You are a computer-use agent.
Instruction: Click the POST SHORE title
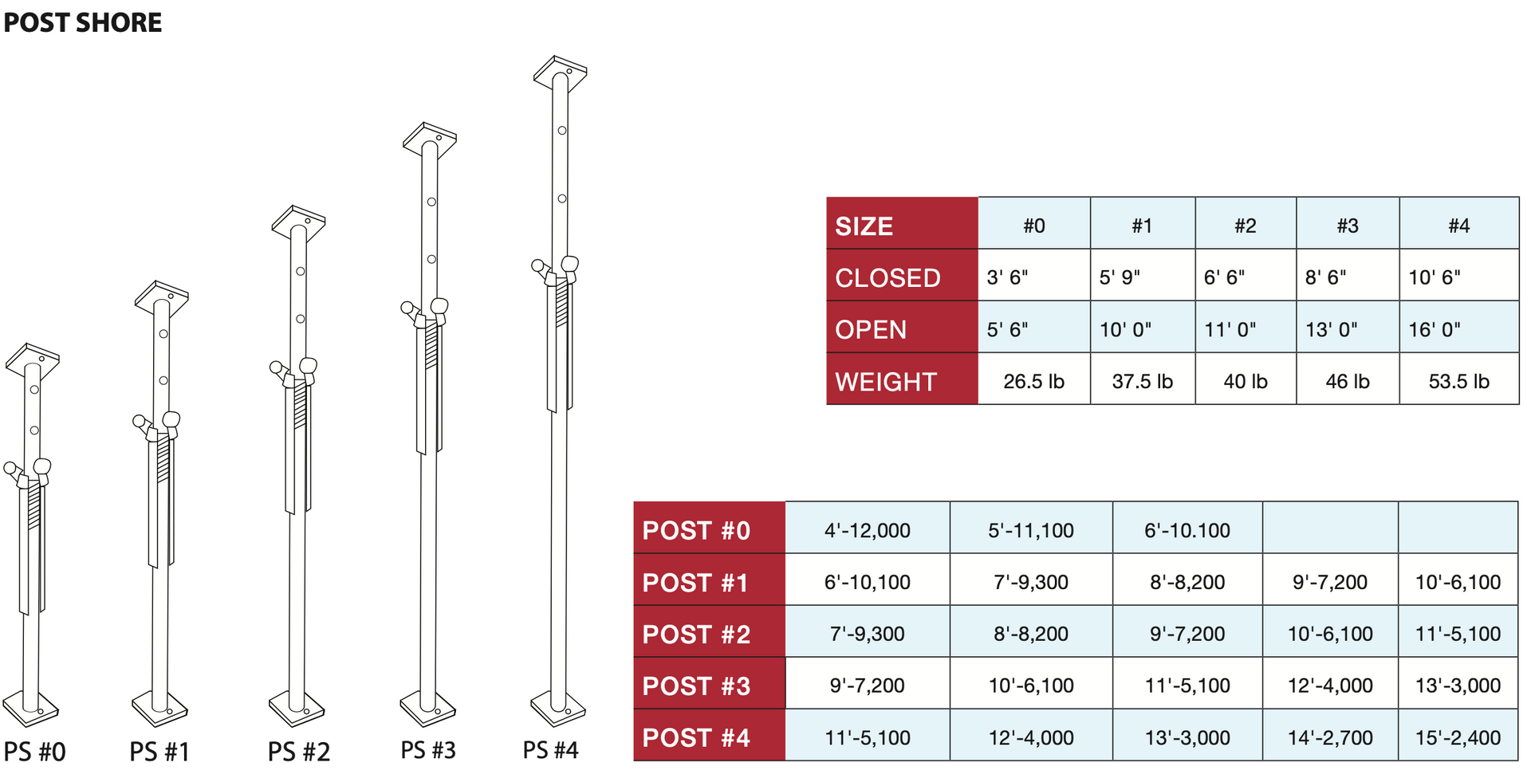(x=83, y=22)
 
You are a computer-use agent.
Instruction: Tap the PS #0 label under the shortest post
(x=35, y=752)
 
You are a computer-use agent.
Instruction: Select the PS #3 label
(x=428, y=750)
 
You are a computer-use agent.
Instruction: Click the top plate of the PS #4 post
(x=561, y=71)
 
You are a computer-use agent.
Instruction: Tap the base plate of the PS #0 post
(x=31, y=708)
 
